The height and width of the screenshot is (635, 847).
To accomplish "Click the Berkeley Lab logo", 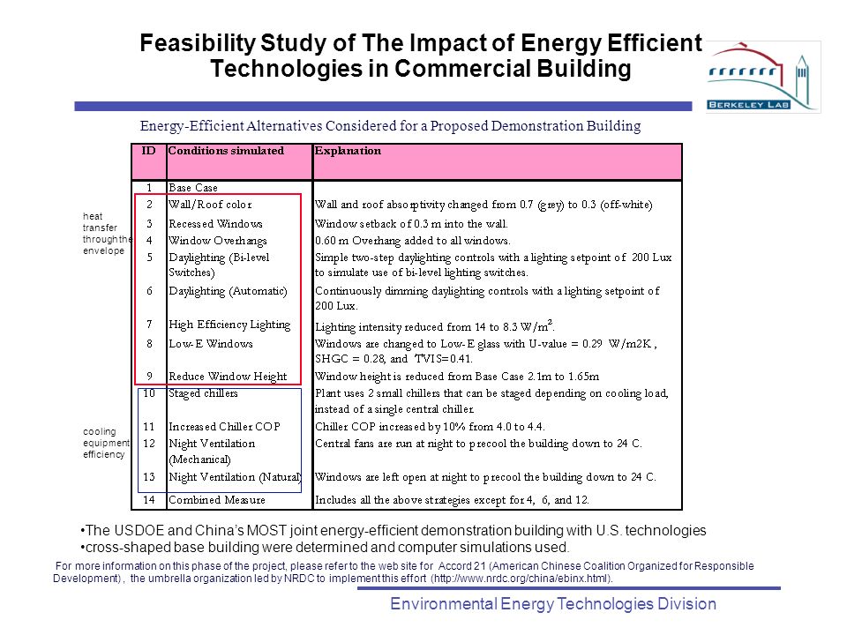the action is pyautogui.click(x=762, y=77).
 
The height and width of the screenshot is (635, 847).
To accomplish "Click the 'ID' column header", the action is pyautogui.click(x=148, y=151).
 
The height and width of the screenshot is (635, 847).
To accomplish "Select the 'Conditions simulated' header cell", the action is pyautogui.click(x=226, y=151).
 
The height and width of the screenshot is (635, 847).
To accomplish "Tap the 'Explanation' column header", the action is pyautogui.click(x=348, y=151).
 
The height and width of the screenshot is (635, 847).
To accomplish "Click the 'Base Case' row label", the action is pyautogui.click(x=193, y=188).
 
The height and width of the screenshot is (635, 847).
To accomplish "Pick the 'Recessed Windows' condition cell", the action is pyautogui.click(x=215, y=223).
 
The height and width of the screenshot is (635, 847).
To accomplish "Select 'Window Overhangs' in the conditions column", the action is pyautogui.click(x=218, y=241).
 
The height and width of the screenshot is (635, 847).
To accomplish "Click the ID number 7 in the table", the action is pyautogui.click(x=149, y=324).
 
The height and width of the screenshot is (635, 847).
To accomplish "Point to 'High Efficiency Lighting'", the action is pyautogui.click(x=229, y=325).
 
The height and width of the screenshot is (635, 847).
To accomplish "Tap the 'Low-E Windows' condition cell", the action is pyautogui.click(x=211, y=343).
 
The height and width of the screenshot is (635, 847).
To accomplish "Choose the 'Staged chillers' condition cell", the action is pyautogui.click(x=203, y=393).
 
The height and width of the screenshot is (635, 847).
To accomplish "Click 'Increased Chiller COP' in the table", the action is pyautogui.click(x=224, y=427).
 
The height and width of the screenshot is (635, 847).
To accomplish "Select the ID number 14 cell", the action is pyautogui.click(x=149, y=500).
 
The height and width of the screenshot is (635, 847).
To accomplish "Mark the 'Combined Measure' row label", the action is pyautogui.click(x=217, y=500).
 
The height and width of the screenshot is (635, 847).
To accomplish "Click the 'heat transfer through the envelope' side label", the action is pyautogui.click(x=107, y=233).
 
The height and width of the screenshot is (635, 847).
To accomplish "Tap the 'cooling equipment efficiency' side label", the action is pyautogui.click(x=106, y=443).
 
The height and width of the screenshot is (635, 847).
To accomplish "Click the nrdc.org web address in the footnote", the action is pyautogui.click(x=521, y=579).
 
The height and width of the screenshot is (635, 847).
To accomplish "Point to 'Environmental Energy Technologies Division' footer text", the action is pyautogui.click(x=553, y=603).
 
